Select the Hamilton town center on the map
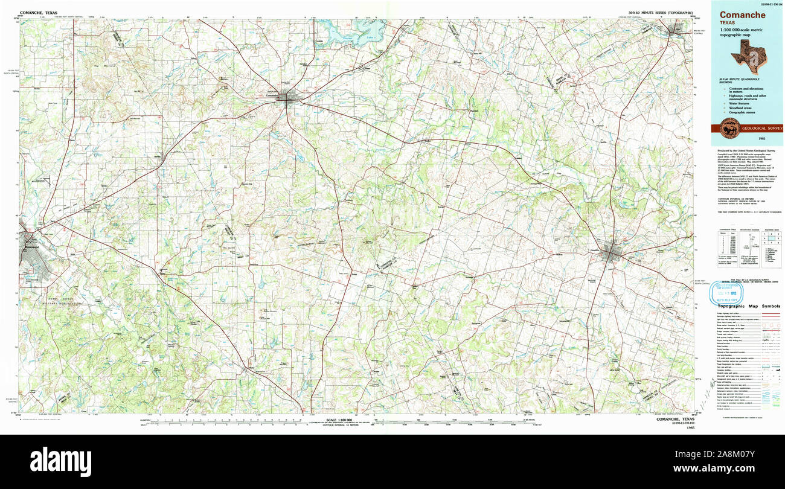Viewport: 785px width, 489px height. coord(612,255)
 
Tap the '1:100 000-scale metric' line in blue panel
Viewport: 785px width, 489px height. coord(740,31)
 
